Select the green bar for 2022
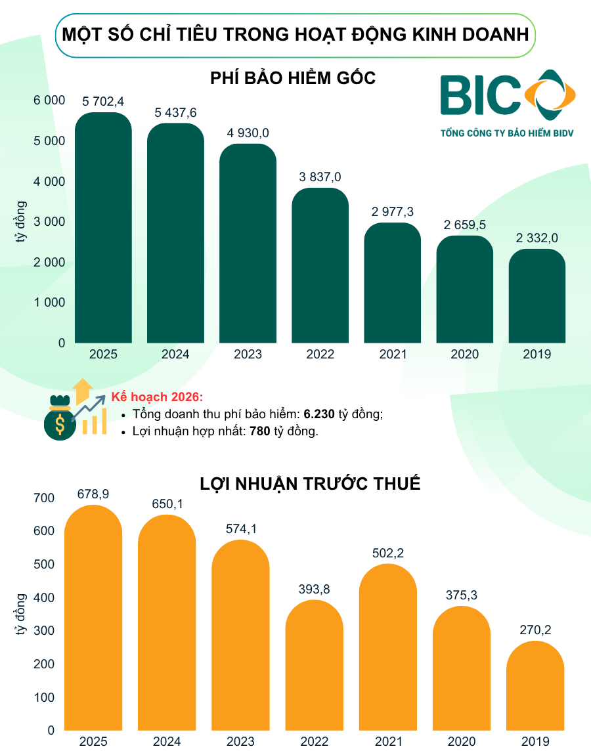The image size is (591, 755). coord(320,266)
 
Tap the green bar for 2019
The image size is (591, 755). coord(536,296)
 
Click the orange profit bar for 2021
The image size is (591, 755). coord(388,647)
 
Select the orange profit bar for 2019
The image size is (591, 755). coord(535,686)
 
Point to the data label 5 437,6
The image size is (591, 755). coord(175,113)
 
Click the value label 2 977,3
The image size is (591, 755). coord(392,212)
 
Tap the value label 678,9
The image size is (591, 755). coord(93,493)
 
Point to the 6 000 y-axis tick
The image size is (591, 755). coord(50,100)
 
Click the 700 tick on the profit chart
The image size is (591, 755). coord(45,498)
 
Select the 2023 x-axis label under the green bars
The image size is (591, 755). coord(248,355)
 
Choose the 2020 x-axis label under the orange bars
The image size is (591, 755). coord(462,742)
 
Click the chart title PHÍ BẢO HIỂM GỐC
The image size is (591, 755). coord(293,78)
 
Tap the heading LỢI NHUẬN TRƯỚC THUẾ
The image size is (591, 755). coord(310,485)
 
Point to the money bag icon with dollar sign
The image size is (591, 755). coord(60,420)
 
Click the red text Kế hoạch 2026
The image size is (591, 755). coord(158,397)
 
